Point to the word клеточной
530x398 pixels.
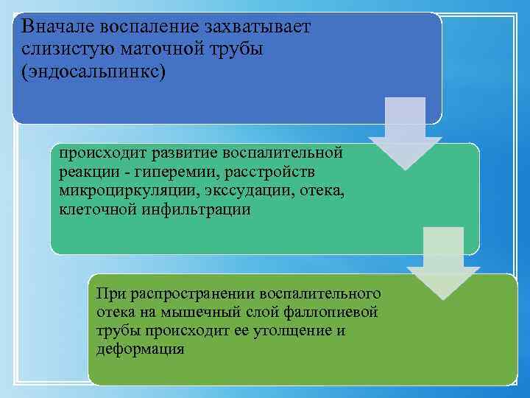click(x=95, y=209)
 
